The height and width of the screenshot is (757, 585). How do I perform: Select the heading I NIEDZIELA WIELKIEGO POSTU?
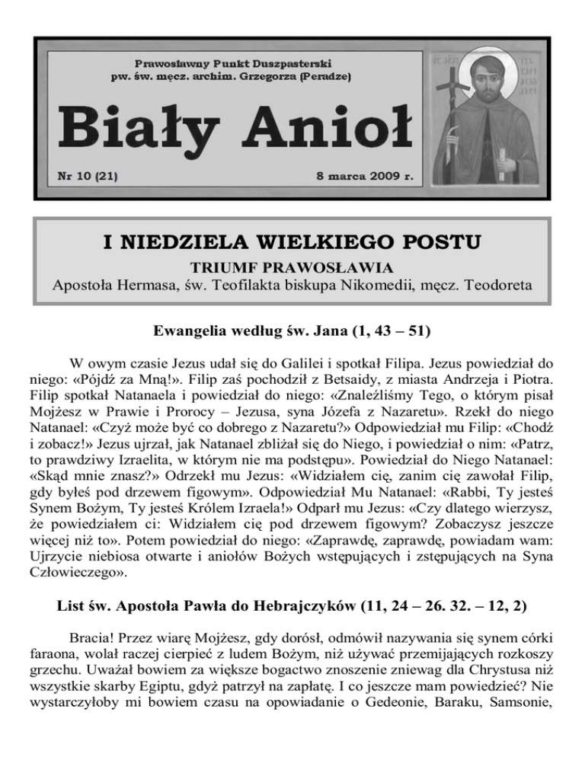pyautogui.click(x=292, y=244)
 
